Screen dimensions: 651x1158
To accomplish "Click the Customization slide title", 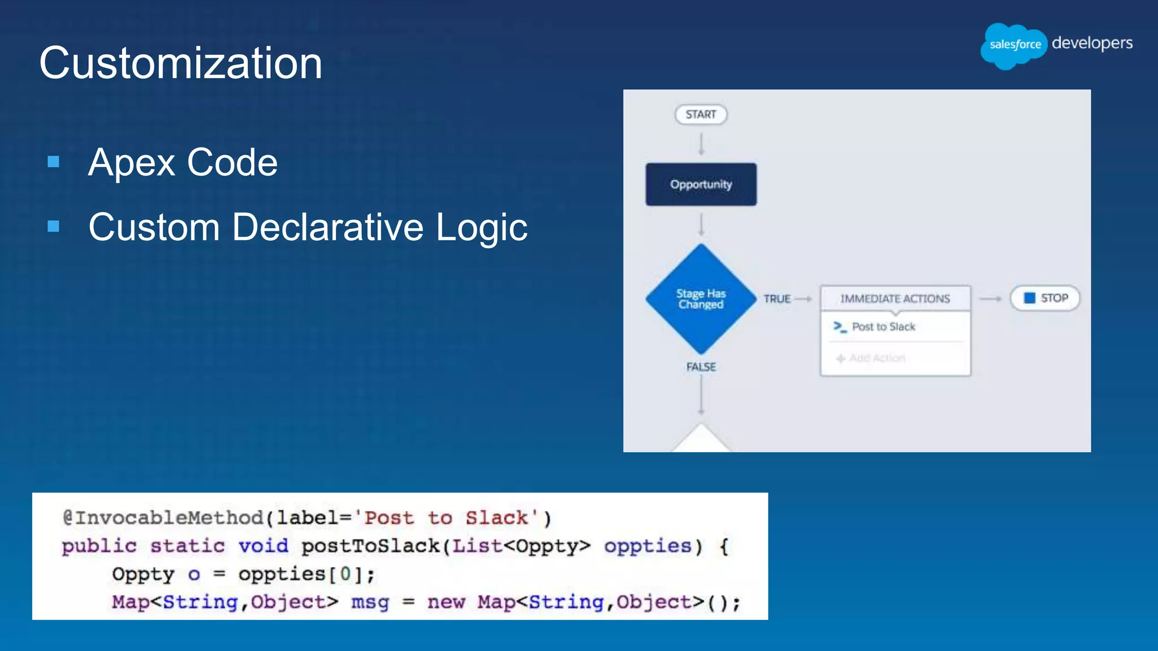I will click(x=180, y=63).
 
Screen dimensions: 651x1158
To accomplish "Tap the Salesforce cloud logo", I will click(x=1014, y=45).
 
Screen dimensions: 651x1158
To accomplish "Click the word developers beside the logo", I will click(x=1092, y=43).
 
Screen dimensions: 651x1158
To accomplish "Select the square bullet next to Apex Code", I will click(x=54, y=163).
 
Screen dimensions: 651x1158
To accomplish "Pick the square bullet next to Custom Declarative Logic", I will click(x=54, y=227).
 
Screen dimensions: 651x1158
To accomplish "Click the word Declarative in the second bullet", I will click(x=327, y=227).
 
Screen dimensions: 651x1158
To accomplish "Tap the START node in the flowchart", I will click(x=701, y=115).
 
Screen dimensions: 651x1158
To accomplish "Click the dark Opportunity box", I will click(x=701, y=185).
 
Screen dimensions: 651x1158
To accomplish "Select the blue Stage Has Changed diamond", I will click(x=701, y=299).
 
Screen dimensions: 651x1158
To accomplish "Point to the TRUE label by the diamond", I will click(x=777, y=299).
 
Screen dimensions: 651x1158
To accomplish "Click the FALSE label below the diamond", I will click(x=701, y=367).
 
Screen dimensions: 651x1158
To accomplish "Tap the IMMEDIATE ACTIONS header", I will click(x=895, y=298).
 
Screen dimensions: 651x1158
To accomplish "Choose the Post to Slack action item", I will click(x=883, y=327).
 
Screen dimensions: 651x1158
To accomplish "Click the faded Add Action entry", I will click(x=876, y=358).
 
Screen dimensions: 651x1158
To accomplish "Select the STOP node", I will click(x=1045, y=298).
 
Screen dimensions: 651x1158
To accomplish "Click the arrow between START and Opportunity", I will click(x=701, y=144).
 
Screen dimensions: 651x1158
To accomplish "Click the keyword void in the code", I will click(x=263, y=546).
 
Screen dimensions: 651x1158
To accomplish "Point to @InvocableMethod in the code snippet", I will click(x=163, y=518).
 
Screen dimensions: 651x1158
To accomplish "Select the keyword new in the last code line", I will click(x=446, y=602).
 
